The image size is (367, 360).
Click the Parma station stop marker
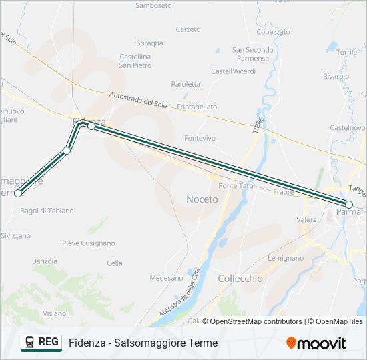click(348, 204)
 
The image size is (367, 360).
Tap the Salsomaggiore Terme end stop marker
click(18, 193)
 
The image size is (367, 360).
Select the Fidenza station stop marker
click(91, 125)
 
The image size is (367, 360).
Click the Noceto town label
click(202, 199)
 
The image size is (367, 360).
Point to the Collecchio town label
click(240, 279)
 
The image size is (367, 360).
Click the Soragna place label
click(149, 43)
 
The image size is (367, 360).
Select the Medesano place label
click(166, 278)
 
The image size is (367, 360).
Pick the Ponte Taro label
click(236, 186)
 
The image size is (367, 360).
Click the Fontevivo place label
click(200, 138)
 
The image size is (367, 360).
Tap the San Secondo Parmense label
click(252, 54)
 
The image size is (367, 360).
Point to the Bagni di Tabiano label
click(47, 211)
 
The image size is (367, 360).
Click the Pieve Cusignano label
click(88, 243)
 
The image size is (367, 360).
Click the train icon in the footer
click(30, 343)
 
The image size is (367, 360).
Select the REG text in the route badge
click(49, 342)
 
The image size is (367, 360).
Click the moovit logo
click(316, 343)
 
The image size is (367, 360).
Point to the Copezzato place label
click(272, 31)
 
